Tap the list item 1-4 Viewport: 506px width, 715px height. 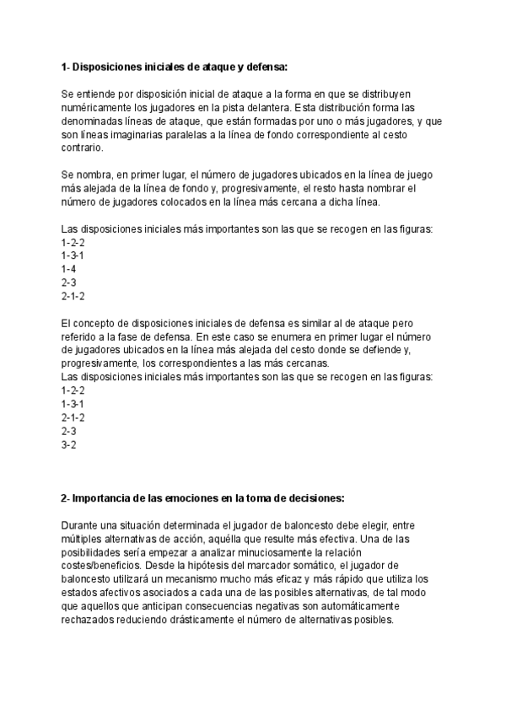[x=68, y=268]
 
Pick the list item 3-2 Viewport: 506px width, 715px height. [x=69, y=444]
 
